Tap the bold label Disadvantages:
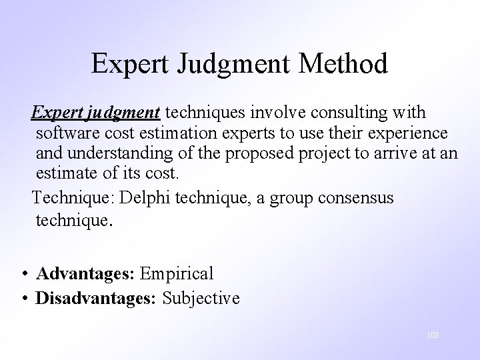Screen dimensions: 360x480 (x=95, y=298)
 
